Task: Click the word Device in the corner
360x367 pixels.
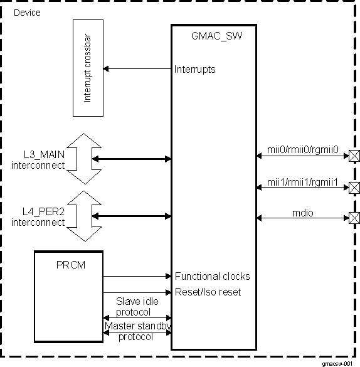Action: point(27,13)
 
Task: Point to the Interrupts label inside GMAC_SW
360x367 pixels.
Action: point(195,69)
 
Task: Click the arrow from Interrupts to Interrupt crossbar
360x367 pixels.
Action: point(137,68)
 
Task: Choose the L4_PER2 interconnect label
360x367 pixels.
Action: point(38,217)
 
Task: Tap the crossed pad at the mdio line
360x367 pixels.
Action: point(354,218)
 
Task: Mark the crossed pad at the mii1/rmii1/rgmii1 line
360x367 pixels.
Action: point(354,188)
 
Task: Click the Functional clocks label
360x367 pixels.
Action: point(212,276)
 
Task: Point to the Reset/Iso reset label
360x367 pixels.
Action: point(208,292)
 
